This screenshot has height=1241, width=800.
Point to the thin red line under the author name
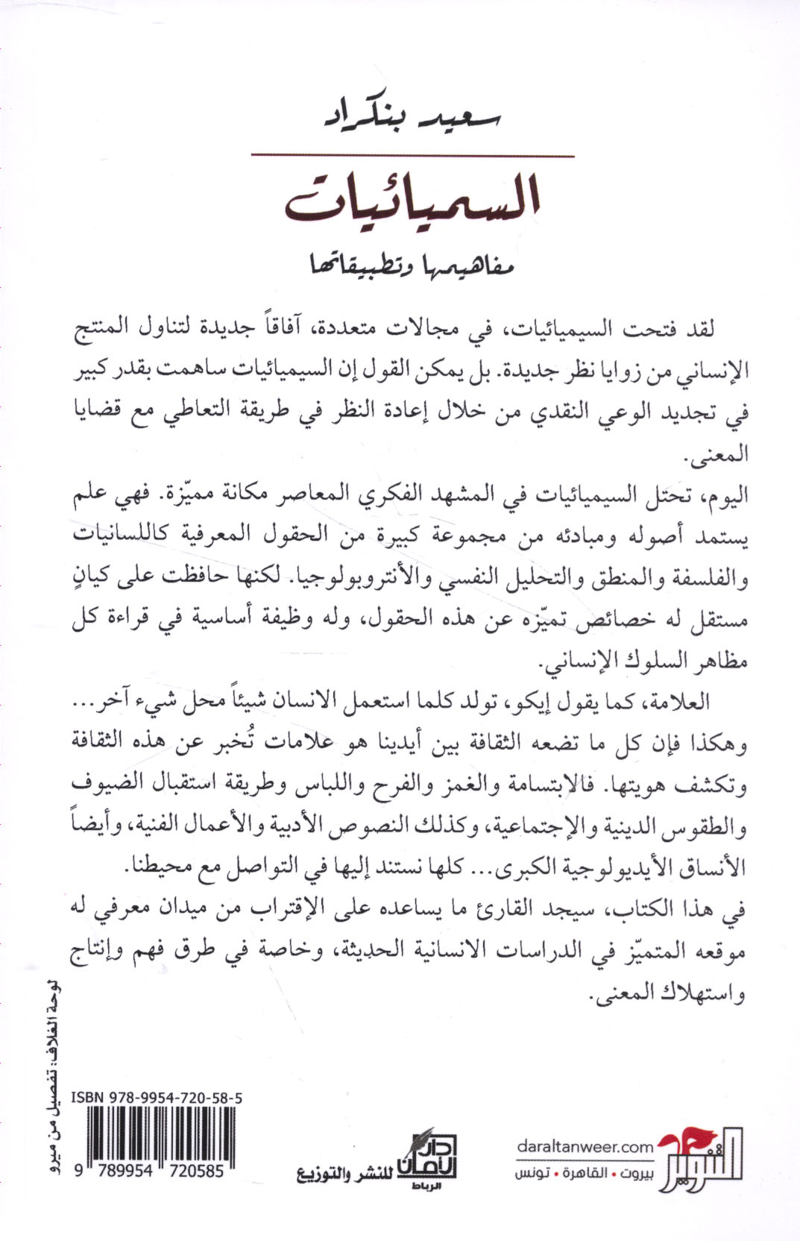[x=412, y=156]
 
